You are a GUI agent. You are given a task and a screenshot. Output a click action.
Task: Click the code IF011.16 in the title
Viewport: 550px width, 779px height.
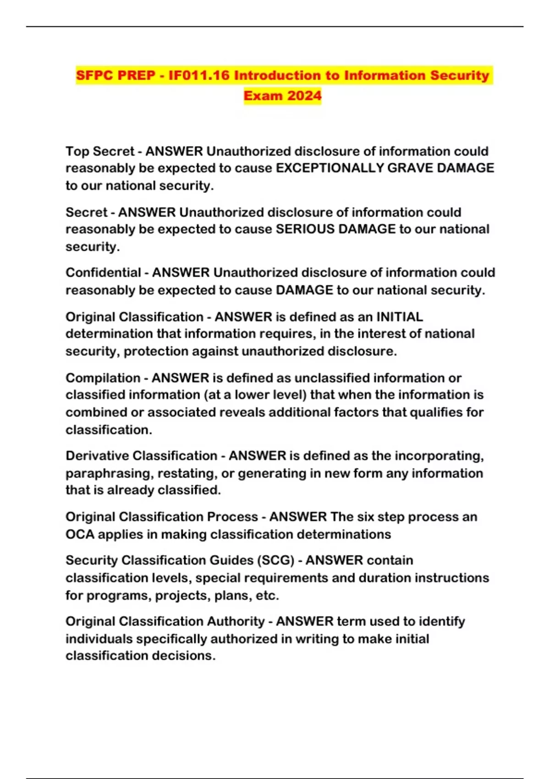pyautogui.click(x=198, y=75)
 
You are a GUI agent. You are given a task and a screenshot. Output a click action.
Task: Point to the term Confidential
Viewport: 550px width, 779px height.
pyautogui.click(x=103, y=273)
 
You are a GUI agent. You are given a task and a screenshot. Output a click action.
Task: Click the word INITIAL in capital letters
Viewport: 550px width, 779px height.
pyautogui.click(x=399, y=317)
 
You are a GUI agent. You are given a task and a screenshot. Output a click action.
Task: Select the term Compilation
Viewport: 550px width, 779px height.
pyautogui.click(x=103, y=378)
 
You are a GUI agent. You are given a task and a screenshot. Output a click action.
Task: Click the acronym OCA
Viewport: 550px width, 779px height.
pyautogui.click(x=79, y=534)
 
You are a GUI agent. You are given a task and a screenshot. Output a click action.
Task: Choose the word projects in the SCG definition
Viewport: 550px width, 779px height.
pyautogui.click(x=179, y=596)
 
